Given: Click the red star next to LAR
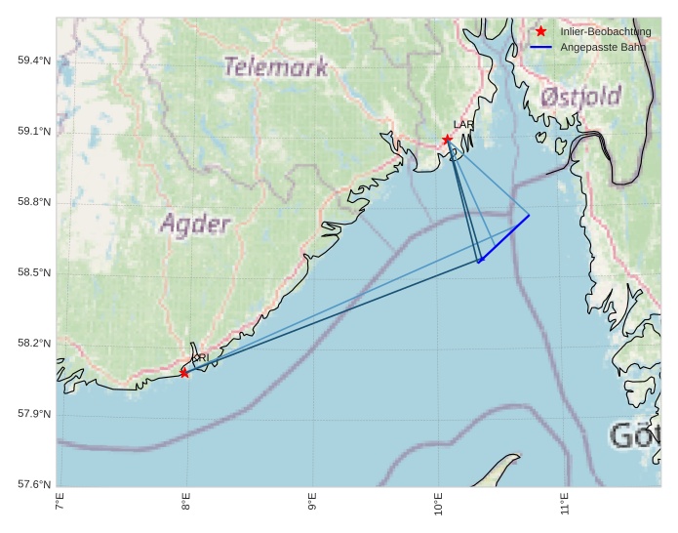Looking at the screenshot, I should (447, 140).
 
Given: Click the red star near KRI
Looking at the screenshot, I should (184, 373).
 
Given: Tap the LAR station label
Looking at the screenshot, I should (463, 125).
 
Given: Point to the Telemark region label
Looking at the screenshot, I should (275, 67).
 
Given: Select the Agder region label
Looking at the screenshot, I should (195, 224).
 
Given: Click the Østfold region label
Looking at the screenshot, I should (580, 97).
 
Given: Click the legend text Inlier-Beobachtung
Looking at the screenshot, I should (605, 31).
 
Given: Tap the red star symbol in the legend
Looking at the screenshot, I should (541, 31).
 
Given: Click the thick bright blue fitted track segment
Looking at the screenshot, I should (504, 238).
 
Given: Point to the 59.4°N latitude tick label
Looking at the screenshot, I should (34, 61).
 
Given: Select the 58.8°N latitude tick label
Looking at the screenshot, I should (34, 202).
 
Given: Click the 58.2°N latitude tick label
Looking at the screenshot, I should (34, 344).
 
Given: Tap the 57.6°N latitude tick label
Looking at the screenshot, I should (34, 485).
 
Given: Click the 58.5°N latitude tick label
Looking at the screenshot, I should (34, 272).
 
